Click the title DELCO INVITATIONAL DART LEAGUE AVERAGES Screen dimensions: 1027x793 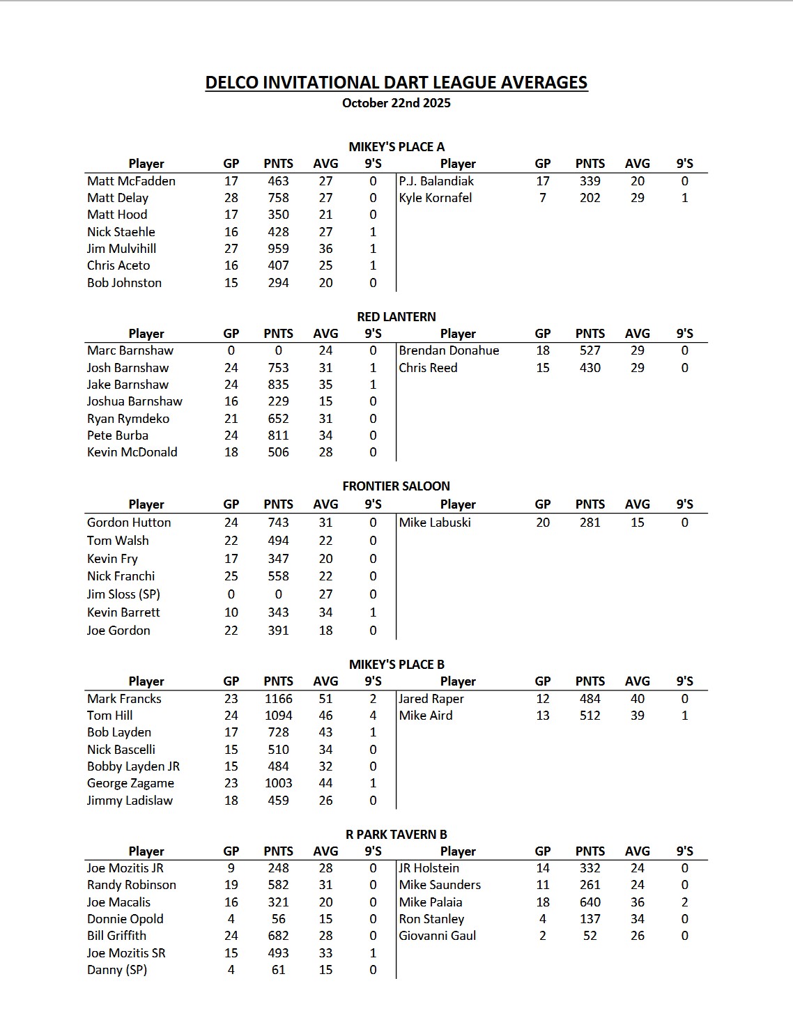tap(396, 82)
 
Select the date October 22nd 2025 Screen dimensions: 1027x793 tap(396, 103)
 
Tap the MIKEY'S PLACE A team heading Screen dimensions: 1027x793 tap(396, 146)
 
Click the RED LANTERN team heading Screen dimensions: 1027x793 tap(396, 316)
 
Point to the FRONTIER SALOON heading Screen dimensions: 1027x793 tap(396, 486)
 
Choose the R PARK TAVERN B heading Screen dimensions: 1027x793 tap(396, 834)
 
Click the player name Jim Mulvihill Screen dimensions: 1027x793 tap(121, 249)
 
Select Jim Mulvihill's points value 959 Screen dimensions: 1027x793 tap(278, 249)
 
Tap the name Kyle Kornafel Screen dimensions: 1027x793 tap(435, 198)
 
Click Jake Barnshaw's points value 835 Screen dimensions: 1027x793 tap(278, 385)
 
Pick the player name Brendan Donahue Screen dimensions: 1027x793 tap(449, 350)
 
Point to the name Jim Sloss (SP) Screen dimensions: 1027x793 tap(123, 594)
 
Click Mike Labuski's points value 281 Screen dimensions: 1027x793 tap(590, 523)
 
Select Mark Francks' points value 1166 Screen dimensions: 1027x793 tap(278, 699)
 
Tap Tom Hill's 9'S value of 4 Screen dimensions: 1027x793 tap(373, 716)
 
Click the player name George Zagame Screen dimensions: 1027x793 tap(130, 783)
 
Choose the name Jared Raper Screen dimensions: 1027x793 tap(431, 699)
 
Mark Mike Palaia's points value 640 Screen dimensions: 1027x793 tap(590, 902)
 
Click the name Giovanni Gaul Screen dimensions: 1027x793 tap(437, 936)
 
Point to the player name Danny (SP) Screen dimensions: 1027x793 tap(117, 970)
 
